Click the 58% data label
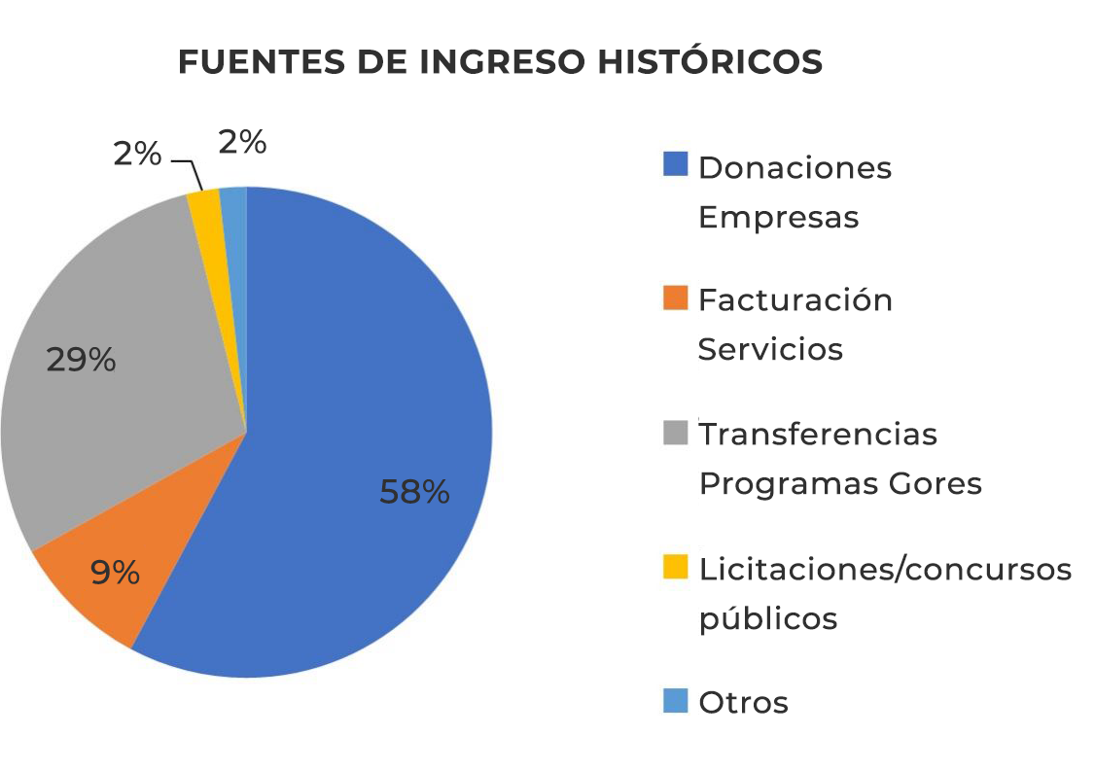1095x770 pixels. tap(414, 492)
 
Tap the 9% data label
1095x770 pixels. tap(115, 572)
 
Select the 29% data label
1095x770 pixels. tap(81, 361)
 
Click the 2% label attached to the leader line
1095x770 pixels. tap(137, 153)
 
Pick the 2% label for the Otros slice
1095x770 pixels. tap(242, 143)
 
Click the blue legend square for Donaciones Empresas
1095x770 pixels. tap(675, 164)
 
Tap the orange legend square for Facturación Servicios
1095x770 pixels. tap(675, 297)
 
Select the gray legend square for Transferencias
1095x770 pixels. tap(675, 432)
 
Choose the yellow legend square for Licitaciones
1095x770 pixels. tap(675, 566)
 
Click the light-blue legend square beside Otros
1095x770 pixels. tap(675, 700)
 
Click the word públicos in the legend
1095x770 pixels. tap(768, 618)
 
